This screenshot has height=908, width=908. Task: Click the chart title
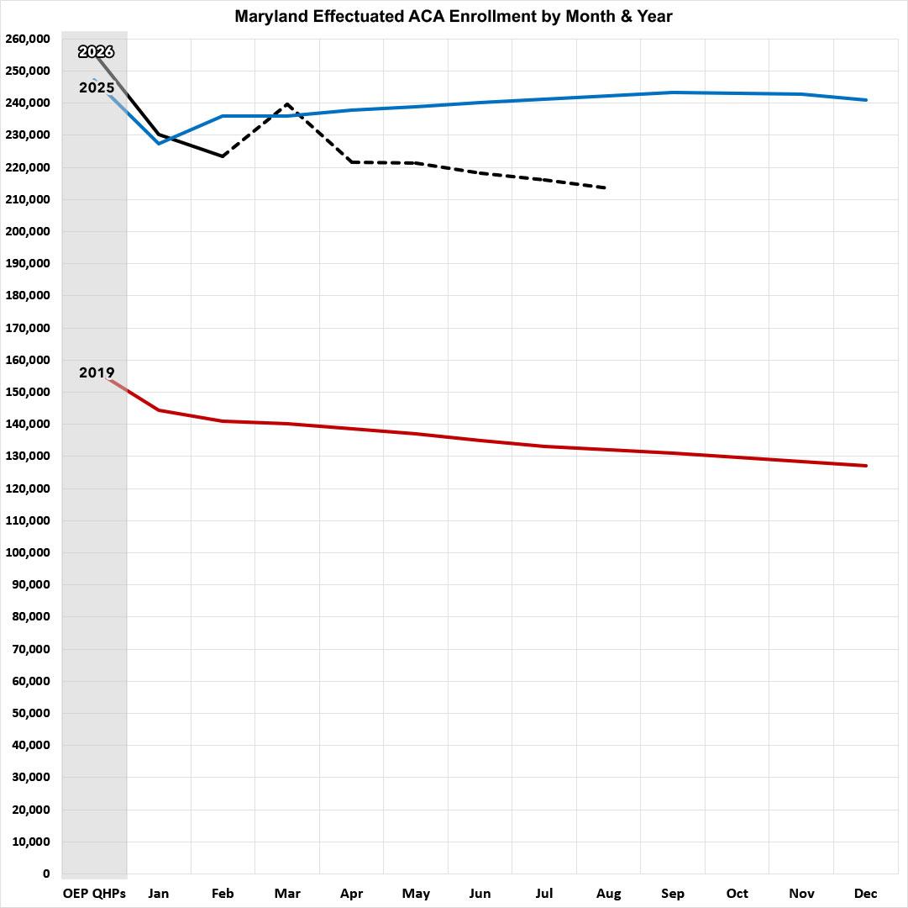454,16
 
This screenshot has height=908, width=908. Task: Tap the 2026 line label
96,52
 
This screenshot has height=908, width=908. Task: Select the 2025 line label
97,87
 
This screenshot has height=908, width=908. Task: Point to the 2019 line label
97,372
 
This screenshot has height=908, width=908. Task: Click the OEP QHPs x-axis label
94,894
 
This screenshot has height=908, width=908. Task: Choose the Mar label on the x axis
287,894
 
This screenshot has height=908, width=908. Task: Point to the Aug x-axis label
609,894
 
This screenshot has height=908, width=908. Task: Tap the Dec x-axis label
866,894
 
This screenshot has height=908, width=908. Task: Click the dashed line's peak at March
287,103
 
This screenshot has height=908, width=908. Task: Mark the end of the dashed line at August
605,187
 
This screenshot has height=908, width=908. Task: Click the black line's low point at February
223,156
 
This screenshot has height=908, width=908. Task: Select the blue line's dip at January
159,143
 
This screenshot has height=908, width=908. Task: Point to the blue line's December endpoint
866,100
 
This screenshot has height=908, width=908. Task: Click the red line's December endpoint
866,465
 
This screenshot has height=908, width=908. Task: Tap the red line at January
159,410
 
